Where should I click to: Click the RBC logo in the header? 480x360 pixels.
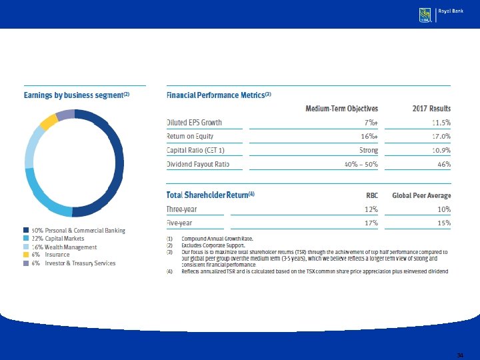coord(424,15)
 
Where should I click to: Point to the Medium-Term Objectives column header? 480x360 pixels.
coord(341,109)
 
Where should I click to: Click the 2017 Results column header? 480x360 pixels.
coord(431,109)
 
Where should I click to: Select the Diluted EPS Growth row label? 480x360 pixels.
coord(194,123)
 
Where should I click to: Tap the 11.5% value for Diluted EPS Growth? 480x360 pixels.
coord(441,123)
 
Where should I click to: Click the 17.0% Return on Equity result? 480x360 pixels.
coord(441,137)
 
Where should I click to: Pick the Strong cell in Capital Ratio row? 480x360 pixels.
coord(368,150)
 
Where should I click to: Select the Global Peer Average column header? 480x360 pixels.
coord(421,195)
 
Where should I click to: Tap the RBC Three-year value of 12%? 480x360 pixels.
coord(371,209)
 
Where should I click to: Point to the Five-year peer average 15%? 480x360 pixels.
coord(443,223)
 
